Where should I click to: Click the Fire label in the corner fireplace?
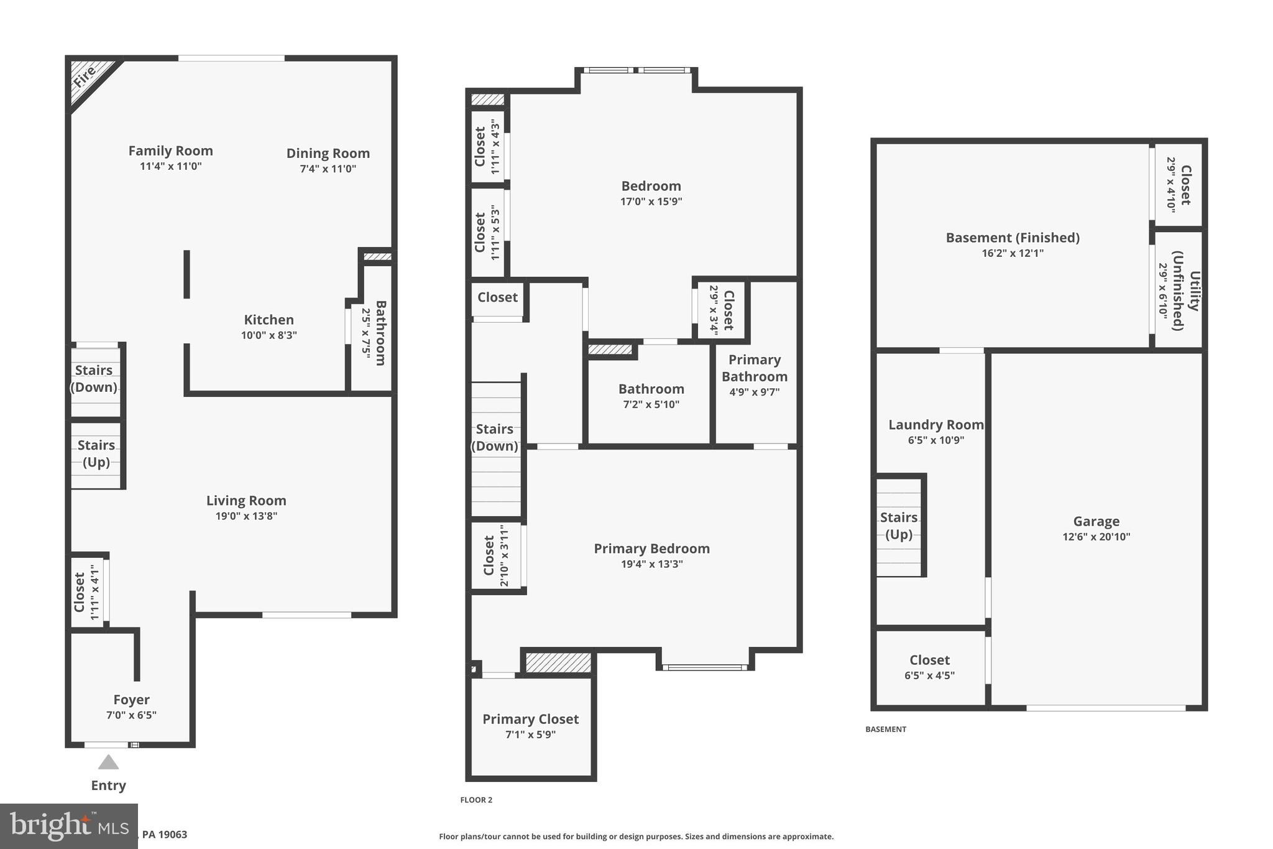coord(85,77)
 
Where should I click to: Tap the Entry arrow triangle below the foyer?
coord(108,763)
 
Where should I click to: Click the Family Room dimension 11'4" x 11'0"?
coord(170,166)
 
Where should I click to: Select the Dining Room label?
coord(328,153)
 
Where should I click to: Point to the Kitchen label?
coord(269,320)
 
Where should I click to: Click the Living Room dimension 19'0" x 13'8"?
coord(246,516)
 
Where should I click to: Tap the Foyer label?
coord(131,700)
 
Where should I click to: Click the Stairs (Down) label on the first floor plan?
coord(94,378)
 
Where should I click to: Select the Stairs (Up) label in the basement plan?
coord(899,526)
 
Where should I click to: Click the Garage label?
coord(1096,521)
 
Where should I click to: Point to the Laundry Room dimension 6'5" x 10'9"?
coord(935,440)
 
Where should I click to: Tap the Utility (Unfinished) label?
coord(1186,291)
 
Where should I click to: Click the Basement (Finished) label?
coord(1012,238)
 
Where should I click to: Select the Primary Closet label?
coord(530,719)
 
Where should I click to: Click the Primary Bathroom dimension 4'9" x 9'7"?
coord(754,392)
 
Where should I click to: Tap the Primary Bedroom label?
coord(651,549)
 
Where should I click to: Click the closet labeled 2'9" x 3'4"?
coord(722,310)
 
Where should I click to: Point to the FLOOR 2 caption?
coord(476,800)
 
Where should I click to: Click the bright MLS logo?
coord(68,826)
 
